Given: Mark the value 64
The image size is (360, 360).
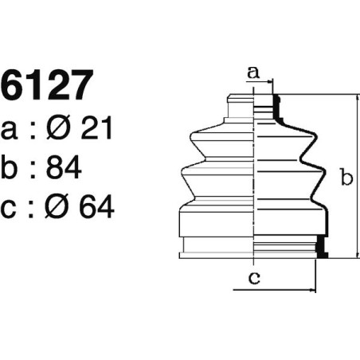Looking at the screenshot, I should click(100, 206).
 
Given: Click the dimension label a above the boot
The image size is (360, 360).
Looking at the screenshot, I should click(254, 72).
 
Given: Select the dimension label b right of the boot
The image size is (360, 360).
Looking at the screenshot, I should click(346, 178).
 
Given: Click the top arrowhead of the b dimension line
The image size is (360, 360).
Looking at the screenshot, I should click(358, 96).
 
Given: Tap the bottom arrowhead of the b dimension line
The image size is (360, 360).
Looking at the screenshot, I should click(358, 256).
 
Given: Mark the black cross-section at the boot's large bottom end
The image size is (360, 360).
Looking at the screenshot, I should click(322, 248).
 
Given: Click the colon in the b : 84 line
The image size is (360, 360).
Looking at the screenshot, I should click(36, 168).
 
